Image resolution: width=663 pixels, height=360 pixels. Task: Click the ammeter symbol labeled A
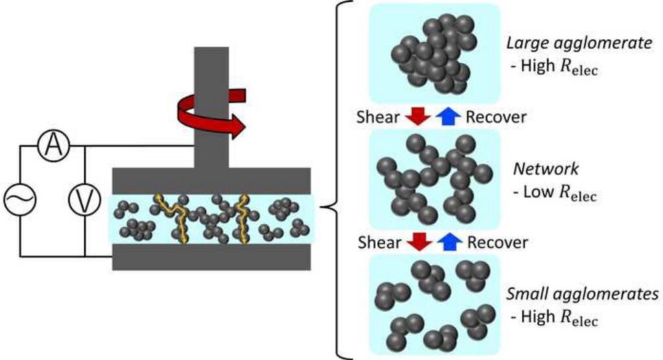(x=54, y=146)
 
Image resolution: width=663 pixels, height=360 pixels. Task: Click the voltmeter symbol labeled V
(x=85, y=199)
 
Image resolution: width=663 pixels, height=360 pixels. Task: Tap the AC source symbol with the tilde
(x=20, y=199)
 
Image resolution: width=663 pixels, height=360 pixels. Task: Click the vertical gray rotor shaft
(x=212, y=107)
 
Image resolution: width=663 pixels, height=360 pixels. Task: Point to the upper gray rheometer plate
(x=212, y=181)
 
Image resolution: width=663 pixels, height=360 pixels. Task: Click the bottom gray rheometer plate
(x=212, y=257)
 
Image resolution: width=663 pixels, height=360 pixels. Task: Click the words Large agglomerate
(x=579, y=43)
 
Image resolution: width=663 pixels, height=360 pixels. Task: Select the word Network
(x=545, y=169)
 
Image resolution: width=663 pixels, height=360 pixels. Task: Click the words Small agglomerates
(x=582, y=293)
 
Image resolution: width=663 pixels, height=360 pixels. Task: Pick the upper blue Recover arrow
(x=448, y=117)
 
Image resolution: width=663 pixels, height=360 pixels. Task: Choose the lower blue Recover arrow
(x=449, y=242)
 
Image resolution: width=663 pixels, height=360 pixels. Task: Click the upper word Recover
(x=496, y=117)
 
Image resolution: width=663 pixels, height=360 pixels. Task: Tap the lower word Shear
(x=379, y=243)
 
